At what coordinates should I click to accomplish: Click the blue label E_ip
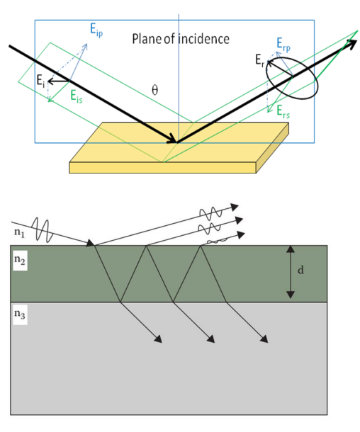96,30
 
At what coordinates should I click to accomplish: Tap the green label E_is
77,97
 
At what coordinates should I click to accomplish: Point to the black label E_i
40,81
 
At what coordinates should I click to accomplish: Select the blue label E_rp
283,45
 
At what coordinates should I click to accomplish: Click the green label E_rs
283,112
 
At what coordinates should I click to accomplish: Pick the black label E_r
259,60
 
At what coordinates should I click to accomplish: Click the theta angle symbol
155,90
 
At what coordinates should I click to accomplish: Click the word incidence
203,39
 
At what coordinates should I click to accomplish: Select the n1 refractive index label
19,232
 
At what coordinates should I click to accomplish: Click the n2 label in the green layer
20,259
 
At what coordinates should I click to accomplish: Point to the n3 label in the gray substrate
20,314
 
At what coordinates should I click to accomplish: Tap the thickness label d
300,270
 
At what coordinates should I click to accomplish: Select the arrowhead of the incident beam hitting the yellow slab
172,139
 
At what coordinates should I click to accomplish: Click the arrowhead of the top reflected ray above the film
235,207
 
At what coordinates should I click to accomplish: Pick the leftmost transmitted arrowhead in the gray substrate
158,339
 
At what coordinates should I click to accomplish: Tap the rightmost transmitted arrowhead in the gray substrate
264,339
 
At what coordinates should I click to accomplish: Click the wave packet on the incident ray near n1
43,231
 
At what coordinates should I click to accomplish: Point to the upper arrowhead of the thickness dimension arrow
291,249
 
